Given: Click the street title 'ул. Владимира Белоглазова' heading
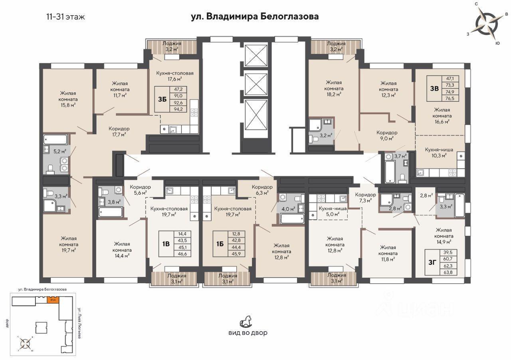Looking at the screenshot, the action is [255, 17].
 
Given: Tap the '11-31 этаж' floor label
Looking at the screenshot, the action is [66, 17].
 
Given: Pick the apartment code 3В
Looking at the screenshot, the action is [434, 88].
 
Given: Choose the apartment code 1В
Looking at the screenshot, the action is [166, 244].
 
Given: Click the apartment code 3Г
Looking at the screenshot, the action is [432, 262].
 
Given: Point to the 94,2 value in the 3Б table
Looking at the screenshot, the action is [178, 109].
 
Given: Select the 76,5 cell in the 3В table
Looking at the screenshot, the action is [450, 98].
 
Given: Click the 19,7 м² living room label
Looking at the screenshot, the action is [68, 244].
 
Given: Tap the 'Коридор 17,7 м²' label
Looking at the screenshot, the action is [119, 131].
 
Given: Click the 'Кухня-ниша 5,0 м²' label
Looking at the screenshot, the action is [333, 211].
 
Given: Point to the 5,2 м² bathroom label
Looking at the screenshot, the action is [60, 151].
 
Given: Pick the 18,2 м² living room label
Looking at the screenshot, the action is [334, 88].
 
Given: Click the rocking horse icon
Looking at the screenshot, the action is [246, 321].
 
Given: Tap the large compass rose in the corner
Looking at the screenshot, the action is [486, 24].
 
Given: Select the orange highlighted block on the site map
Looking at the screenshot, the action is [53, 300].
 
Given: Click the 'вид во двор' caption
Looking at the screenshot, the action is [248, 333].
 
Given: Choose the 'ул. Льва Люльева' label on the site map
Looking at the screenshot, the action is [79, 323].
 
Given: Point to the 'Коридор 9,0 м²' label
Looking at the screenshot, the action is [387, 135].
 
